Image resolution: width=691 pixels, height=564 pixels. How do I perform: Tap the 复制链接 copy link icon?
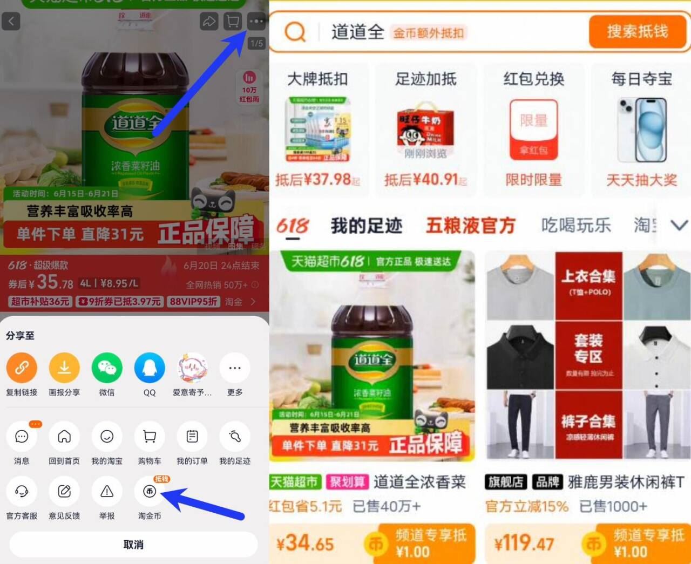(22, 368)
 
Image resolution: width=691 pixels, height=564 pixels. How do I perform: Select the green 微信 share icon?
(107, 368)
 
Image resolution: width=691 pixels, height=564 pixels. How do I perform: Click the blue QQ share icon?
(150, 368)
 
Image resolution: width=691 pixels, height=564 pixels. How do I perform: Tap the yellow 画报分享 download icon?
(64, 368)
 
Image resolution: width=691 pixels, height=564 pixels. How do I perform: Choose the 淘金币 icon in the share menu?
(150, 492)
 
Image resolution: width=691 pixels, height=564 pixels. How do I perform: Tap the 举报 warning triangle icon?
(107, 492)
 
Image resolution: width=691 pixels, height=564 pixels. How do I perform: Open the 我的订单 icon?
(192, 437)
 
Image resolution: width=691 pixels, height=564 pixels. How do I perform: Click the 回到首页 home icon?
(64, 437)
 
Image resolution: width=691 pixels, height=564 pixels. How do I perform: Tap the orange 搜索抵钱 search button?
(637, 31)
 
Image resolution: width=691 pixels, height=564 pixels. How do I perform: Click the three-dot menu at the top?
(256, 22)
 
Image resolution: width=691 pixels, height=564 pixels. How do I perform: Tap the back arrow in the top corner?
(11, 22)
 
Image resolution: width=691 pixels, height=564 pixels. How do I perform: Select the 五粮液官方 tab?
(471, 226)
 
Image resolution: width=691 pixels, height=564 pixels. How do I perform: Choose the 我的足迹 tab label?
(367, 226)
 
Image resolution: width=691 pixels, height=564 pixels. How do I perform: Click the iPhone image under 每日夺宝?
(642, 130)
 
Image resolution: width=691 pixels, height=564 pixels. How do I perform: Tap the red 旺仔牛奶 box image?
(425, 127)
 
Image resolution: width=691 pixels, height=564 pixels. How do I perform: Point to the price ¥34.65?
(306, 543)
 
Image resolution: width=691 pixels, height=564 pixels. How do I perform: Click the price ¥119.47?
(524, 543)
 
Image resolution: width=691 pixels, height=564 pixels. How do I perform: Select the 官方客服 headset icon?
(22, 492)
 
